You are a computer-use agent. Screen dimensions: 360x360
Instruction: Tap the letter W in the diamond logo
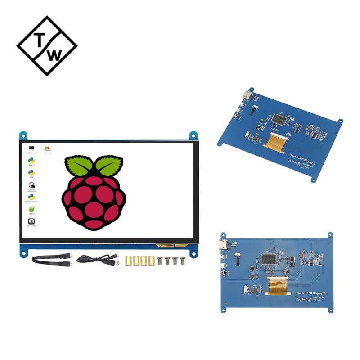click(x=54, y=56)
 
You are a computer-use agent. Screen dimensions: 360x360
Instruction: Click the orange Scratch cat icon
click(x=47, y=148)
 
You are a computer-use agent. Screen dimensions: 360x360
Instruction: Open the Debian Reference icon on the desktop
click(x=32, y=185)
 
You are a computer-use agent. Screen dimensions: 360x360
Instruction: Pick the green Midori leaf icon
click(x=32, y=209)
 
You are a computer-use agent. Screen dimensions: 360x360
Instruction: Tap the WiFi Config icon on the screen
click(x=32, y=221)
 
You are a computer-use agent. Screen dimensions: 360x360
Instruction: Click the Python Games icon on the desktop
click(x=32, y=197)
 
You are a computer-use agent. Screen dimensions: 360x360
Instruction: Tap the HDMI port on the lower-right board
click(x=223, y=245)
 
